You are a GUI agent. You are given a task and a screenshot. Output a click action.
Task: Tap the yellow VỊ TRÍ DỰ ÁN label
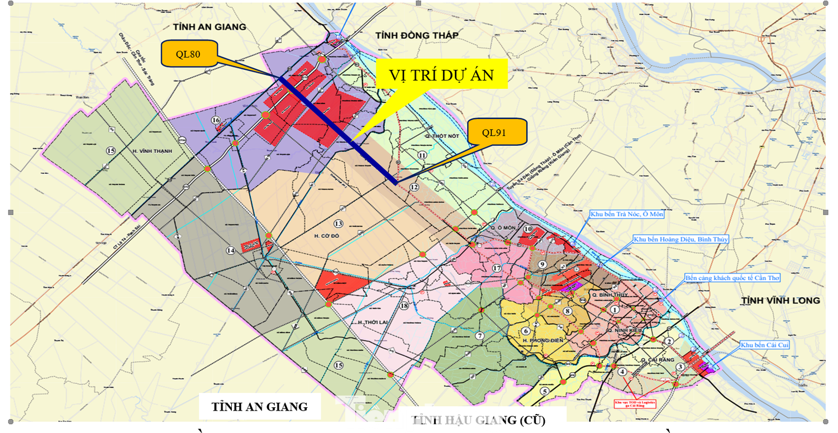pyautogui.click(x=441, y=74)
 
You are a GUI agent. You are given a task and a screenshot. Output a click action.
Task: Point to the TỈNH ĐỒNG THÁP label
pyautogui.click(x=417, y=35)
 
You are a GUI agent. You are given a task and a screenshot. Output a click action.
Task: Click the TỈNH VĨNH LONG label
pyautogui.click(x=780, y=301)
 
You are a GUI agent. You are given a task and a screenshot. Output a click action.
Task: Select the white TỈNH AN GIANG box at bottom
pyautogui.click(x=260, y=406)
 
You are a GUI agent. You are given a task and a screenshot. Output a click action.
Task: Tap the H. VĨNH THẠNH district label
pyautogui.click(x=153, y=151)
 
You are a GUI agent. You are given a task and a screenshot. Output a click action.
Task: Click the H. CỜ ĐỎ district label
pyautogui.click(x=323, y=236)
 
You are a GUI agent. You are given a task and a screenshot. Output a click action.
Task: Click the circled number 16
pyautogui.click(x=216, y=120)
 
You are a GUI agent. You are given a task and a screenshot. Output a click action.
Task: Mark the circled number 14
pyautogui.click(x=230, y=250)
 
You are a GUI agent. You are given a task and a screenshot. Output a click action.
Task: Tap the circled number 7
pyautogui.click(x=479, y=336)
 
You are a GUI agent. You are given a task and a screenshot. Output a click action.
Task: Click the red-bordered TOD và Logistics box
pyautogui.click(x=634, y=403)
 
